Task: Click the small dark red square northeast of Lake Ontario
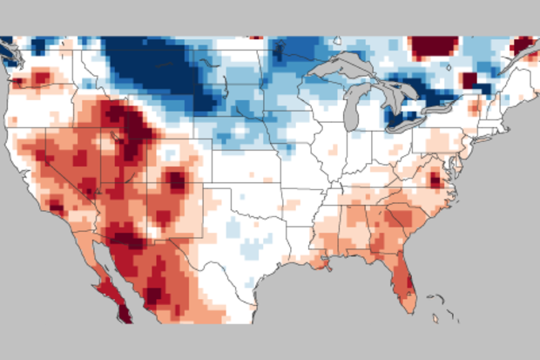tap(469, 80)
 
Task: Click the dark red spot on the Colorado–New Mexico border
tap(178, 181)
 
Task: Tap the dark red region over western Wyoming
tap(132, 131)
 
